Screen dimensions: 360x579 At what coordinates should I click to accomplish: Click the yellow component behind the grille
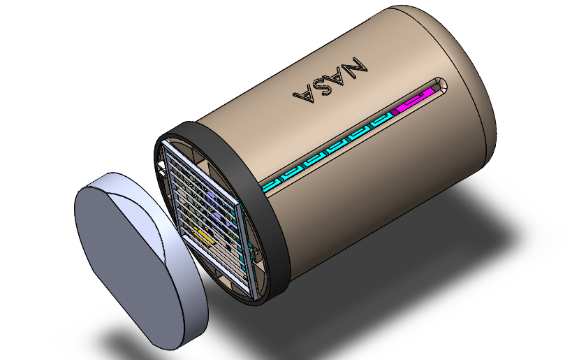[x=203, y=238]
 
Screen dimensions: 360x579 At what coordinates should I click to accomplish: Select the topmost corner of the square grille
[x=164, y=139]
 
